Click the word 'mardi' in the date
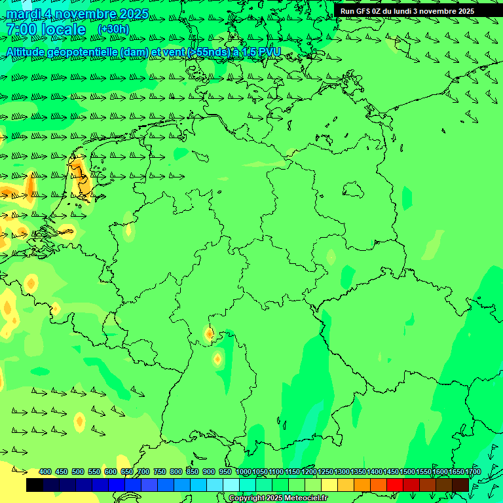[x=22, y=14]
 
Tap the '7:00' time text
[x=20, y=29]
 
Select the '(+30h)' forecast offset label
[x=113, y=29]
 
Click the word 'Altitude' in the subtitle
[x=29, y=52]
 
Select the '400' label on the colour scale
[x=45, y=472]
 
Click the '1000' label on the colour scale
[x=244, y=472]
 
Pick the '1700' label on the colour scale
[x=473, y=472]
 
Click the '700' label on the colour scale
[x=143, y=472]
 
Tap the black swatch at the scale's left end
[x=35, y=485]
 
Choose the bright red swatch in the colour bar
[x=395, y=485]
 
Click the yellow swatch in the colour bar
[x=329, y=485]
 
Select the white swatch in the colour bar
[x=231, y=485]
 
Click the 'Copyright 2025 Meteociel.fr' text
[x=277, y=498]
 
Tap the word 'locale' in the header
[x=63, y=29]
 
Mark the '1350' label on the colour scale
[x=358, y=472]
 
